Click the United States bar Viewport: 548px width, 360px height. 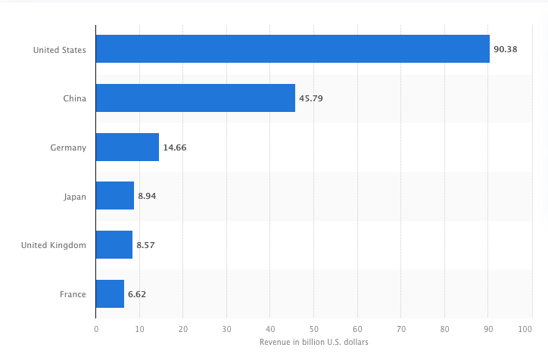coord(292,49)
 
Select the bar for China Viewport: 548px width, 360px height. coord(195,98)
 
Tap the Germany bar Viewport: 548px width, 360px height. coord(127,147)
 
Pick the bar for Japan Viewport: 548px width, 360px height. coord(115,196)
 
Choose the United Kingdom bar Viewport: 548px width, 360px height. coord(114,245)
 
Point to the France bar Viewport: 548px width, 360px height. coord(110,293)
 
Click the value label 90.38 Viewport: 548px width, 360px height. coord(505,50)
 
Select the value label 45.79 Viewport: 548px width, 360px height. coord(310,99)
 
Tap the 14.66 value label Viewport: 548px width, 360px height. coord(174,147)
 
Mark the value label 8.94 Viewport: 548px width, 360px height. coord(148,197)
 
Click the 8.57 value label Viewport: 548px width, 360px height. coord(147,245)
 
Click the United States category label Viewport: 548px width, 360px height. coord(59,50)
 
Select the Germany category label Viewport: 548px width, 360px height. coord(67,147)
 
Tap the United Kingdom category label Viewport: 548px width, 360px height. coord(53,245)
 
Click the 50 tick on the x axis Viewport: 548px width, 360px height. coord(313,330)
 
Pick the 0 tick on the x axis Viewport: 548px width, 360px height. coord(96,330)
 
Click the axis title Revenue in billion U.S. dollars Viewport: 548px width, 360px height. coord(313,343)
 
